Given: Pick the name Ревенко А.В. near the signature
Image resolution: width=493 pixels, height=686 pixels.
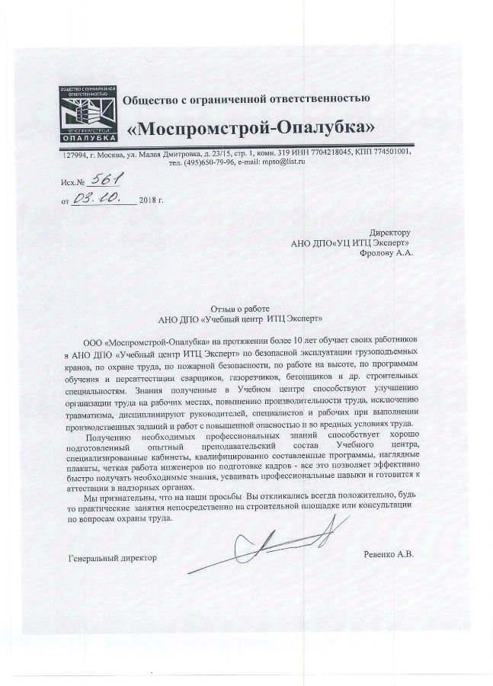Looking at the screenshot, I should point(388,555).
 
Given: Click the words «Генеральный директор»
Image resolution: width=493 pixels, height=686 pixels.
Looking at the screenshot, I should point(111,557).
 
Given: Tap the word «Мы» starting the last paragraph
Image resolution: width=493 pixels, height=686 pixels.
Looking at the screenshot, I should point(93,495).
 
